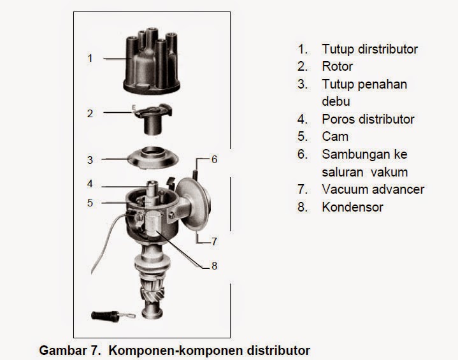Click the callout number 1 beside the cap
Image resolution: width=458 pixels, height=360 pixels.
(x=90, y=58)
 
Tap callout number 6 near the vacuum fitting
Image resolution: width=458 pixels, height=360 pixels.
(x=214, y=159)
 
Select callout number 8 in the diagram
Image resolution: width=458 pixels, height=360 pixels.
(x=214, y=266)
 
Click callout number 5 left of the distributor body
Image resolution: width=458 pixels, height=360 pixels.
(x=90, y=203)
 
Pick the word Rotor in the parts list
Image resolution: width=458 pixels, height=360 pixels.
(x=337, y=66)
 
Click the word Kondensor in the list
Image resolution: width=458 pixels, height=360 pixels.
(x=352, y=207)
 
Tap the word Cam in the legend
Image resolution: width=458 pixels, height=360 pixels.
(x=335, y=136)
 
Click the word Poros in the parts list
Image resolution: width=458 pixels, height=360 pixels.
(x=338, y=119)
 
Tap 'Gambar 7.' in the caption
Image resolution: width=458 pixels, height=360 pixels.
(x=64, y=350)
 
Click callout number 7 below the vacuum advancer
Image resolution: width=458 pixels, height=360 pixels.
(x=214, y=241)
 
